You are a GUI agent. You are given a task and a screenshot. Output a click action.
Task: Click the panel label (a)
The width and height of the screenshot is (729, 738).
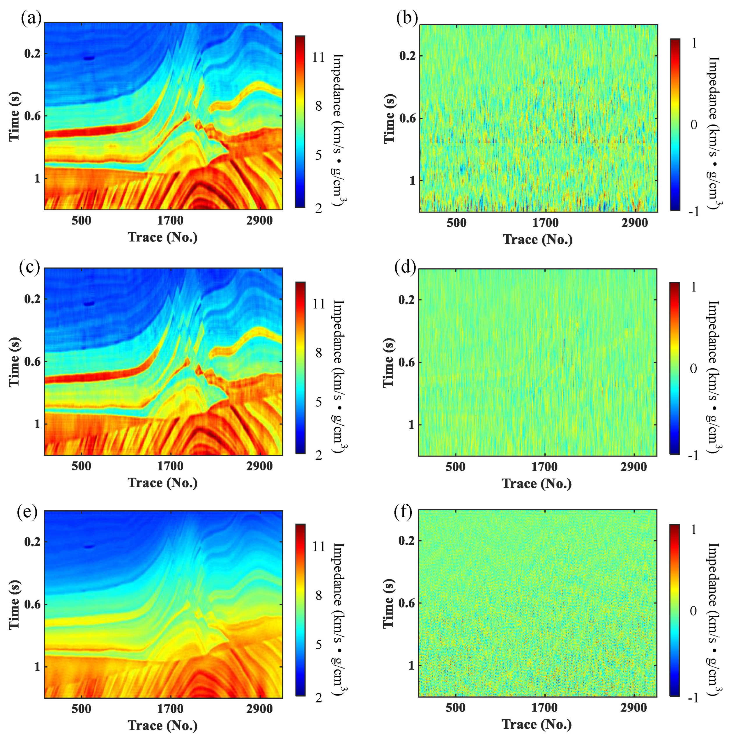click(31, 18)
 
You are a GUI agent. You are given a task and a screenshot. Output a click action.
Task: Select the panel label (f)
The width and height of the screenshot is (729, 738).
click(403, 512)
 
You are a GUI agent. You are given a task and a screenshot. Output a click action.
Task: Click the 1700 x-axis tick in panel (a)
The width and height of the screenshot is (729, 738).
click(170, 220)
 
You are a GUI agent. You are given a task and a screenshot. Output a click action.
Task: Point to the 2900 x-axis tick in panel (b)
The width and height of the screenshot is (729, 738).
click(635, 223)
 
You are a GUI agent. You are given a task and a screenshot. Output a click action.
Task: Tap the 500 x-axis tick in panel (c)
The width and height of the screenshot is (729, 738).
click(82, 466)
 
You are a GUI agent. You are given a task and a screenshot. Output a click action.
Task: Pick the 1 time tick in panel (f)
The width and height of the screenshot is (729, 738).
click(411, 666)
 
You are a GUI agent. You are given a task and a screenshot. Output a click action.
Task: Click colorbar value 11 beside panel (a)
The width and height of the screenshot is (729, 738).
click(318, 58)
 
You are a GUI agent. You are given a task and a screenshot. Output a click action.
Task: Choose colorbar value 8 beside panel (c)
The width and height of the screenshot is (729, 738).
click(318, 353)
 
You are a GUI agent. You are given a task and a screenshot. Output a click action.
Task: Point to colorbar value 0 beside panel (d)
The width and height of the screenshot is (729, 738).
click(693, 369)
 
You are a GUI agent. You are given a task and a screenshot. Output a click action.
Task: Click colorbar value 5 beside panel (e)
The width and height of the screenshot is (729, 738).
click(318, 645)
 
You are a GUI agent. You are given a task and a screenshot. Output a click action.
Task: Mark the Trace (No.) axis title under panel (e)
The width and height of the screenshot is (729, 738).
click(162, 725)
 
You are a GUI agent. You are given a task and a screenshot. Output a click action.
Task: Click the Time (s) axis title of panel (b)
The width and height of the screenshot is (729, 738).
click(389, 118)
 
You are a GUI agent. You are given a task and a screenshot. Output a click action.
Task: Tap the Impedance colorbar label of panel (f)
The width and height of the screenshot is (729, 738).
click(713, 619)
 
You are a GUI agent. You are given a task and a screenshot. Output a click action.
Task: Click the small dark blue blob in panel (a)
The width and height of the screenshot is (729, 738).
click(89, 58)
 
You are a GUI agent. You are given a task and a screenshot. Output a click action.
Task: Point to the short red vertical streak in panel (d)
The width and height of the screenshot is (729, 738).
click(563, 350)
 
